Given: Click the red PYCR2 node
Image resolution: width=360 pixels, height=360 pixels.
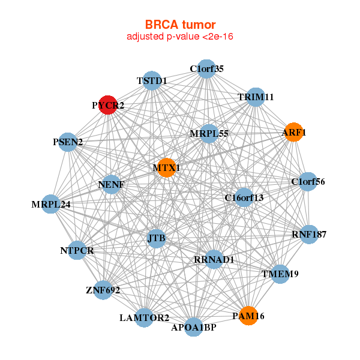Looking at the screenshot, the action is click(x=108, y=105).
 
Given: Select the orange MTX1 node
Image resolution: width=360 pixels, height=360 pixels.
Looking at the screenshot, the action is click(x=167, y=167).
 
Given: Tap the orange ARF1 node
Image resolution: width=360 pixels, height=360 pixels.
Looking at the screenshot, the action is click(x=293, y=132).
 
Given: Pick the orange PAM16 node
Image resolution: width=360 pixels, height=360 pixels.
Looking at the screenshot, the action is click(x=248, y=316).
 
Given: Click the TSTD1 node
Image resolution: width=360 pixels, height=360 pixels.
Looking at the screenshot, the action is click(x=152, y=80).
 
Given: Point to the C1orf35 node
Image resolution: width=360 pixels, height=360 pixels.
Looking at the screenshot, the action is click(x=206, y=69).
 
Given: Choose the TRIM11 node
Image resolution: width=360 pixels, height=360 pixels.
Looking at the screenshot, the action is click(x=256, y=97).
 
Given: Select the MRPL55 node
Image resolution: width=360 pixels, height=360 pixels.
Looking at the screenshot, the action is click(x=209, y=134).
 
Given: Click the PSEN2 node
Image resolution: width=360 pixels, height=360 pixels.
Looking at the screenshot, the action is click(x=68, y=142).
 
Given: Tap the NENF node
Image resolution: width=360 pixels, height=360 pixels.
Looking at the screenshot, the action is click(x=112, y=184).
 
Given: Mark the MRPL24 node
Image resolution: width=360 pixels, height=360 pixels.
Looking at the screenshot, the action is click(x=51, y=204).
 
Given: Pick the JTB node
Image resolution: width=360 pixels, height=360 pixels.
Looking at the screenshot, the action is click(x=157, y=239).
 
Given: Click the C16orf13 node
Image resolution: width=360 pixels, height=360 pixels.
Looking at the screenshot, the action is click(x=244, y=197).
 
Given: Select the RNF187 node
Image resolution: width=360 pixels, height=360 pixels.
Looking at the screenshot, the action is click(x=309, y=235).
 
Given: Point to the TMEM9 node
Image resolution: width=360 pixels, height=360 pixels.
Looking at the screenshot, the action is click(x=280, y=274).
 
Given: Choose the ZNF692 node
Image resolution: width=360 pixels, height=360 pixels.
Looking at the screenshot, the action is click(x=103, y=290).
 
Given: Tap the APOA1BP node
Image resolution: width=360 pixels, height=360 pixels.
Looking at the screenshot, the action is click(x=194, y=327).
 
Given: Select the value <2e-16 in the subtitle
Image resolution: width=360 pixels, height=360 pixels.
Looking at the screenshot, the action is click(x=218, y=37).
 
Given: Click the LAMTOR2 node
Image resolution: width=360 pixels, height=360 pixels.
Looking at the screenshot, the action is click(x=144, y=318).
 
